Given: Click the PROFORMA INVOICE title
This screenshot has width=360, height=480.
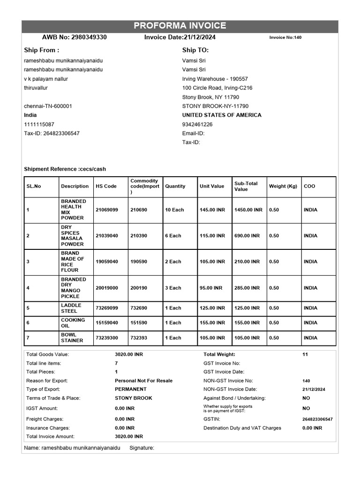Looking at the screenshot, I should pos(180,26).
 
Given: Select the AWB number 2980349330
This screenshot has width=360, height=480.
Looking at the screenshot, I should pos(88,37).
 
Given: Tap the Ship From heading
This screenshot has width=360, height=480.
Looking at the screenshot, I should pos(42,50).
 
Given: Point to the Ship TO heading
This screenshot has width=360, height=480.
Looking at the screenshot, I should pos(195,50).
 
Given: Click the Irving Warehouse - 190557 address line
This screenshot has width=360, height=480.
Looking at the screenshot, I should pos(215,79).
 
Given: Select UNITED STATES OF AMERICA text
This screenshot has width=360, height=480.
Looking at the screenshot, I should pos(222,115).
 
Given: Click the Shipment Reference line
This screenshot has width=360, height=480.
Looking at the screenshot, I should pos(68,169).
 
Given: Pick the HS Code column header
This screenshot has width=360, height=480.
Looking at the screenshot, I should pos(106,186).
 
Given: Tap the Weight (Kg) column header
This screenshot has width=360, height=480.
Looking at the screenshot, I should pos(283,186).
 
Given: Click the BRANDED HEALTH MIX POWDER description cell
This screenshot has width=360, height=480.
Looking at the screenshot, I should pos(74,210).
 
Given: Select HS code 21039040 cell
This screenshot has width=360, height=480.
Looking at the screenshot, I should pos(107,236).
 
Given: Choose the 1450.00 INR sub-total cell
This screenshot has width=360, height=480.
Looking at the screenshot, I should pos(248,210).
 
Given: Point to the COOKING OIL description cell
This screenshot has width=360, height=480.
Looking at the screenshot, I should pos(73,323).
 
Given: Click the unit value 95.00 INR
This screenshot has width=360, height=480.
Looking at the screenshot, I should pos(211,288).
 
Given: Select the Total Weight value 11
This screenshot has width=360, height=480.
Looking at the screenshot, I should pos(305,355).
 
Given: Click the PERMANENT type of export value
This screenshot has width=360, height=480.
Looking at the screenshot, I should pos(131,389).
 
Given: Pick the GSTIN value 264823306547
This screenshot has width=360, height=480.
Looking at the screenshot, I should pos(317,419).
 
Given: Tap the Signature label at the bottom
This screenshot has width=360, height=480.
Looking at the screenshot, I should pos(142,448).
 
